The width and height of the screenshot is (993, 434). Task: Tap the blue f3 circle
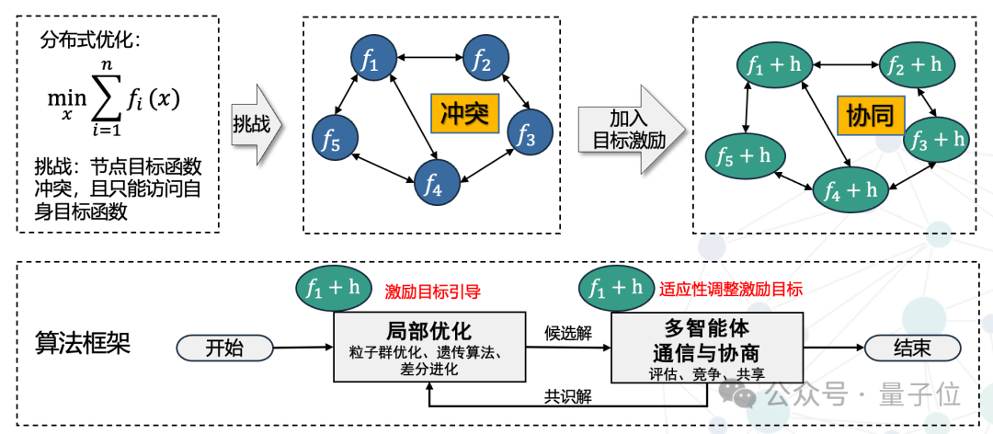click(531, 131)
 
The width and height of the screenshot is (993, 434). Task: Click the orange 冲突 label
click(462, 114)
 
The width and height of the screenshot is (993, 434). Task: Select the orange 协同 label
click(870, 115)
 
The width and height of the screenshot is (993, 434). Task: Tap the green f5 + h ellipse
click(745, 156)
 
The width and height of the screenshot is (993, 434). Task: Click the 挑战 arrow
click(256, 124)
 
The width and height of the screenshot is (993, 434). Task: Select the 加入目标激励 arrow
click(632, 130)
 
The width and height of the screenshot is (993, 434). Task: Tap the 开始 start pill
click(224, 348)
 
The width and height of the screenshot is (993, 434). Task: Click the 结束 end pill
click(912, 348)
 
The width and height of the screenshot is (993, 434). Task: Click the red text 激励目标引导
click(432, 291)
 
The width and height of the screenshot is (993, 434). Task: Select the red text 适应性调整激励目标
click(731, 290)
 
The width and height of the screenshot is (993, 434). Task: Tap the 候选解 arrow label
click(568, 334)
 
